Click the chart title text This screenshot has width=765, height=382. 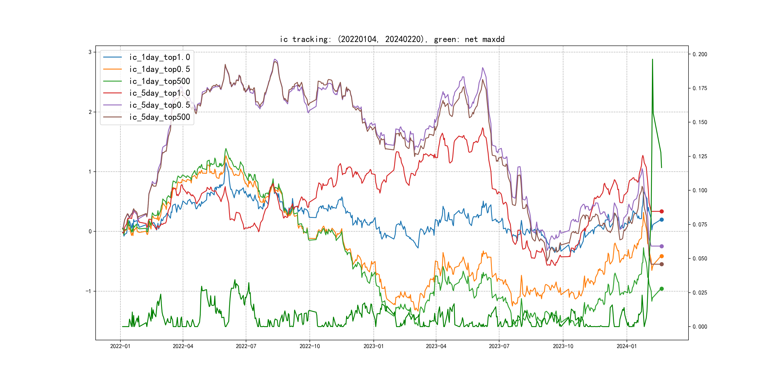click(392, 39)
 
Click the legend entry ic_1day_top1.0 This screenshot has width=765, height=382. click(159, 57)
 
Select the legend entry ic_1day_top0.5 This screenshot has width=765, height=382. click(159, 69)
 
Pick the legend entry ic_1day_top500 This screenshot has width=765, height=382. click(159, 81)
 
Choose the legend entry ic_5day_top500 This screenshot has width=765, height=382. click(159, 117)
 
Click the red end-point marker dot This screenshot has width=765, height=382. click(661, 212)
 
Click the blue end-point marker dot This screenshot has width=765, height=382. click(661, 220)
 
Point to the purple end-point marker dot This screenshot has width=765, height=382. click(661, 246)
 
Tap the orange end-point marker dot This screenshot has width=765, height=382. click(661, 256)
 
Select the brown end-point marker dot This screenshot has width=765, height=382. click(661, 264)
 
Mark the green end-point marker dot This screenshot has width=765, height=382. click(661, 289)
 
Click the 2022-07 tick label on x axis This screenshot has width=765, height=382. click(246, 346)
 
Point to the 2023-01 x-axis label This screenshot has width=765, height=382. click(374, 346)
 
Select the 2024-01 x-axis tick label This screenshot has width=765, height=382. click(627, 346)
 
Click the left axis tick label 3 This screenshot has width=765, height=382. click(90, 52)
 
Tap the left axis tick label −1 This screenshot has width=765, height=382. click(88, 291)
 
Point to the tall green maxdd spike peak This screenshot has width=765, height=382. click(652, 59)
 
